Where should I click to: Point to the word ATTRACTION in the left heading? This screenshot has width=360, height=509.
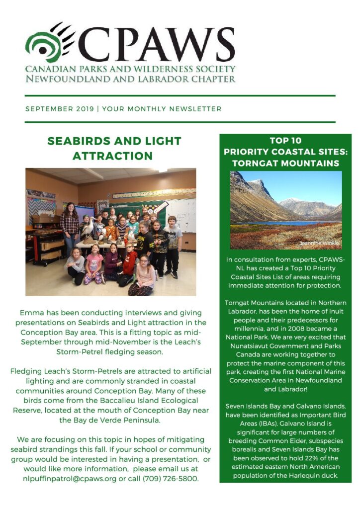[112, 156]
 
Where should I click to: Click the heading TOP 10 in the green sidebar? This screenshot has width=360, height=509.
[285, 141]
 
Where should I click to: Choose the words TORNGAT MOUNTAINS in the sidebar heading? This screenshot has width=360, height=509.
[285, 163]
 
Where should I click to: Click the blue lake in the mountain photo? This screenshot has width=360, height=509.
[278, 223]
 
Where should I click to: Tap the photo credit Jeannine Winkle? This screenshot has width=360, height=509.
[320, 243]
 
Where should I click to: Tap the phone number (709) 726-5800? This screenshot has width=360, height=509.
[172, 478]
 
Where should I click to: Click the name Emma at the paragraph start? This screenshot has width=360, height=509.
[31, 313]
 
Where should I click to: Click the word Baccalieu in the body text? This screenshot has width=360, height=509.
[112, 400]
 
